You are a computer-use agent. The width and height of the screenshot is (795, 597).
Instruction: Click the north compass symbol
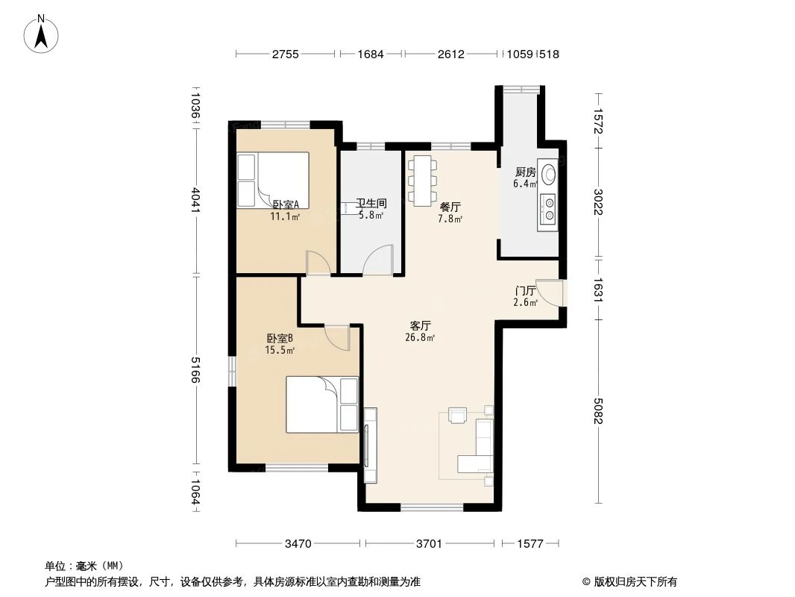[x=43, y=33]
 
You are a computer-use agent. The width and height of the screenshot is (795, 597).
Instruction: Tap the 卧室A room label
[x=286, y=204]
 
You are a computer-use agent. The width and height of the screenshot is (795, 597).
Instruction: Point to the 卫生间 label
[x=370, y=203]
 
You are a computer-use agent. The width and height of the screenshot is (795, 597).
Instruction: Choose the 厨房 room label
[x=525, y=172]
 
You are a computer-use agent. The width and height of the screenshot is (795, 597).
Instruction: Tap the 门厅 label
[x=526, y=290]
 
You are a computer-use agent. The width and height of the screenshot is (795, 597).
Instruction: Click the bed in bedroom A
[x=273, y=180]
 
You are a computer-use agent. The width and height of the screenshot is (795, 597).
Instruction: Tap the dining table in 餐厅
[x=423, y=180]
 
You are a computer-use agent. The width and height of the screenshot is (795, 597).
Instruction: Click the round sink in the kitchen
[x=549, y=174]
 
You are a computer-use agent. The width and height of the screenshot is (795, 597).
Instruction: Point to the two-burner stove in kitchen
[x=549, y=209]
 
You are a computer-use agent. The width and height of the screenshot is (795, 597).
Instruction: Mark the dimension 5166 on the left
[x=196, y=369]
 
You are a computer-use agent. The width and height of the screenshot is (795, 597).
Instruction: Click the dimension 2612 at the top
[x=450, y=54]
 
